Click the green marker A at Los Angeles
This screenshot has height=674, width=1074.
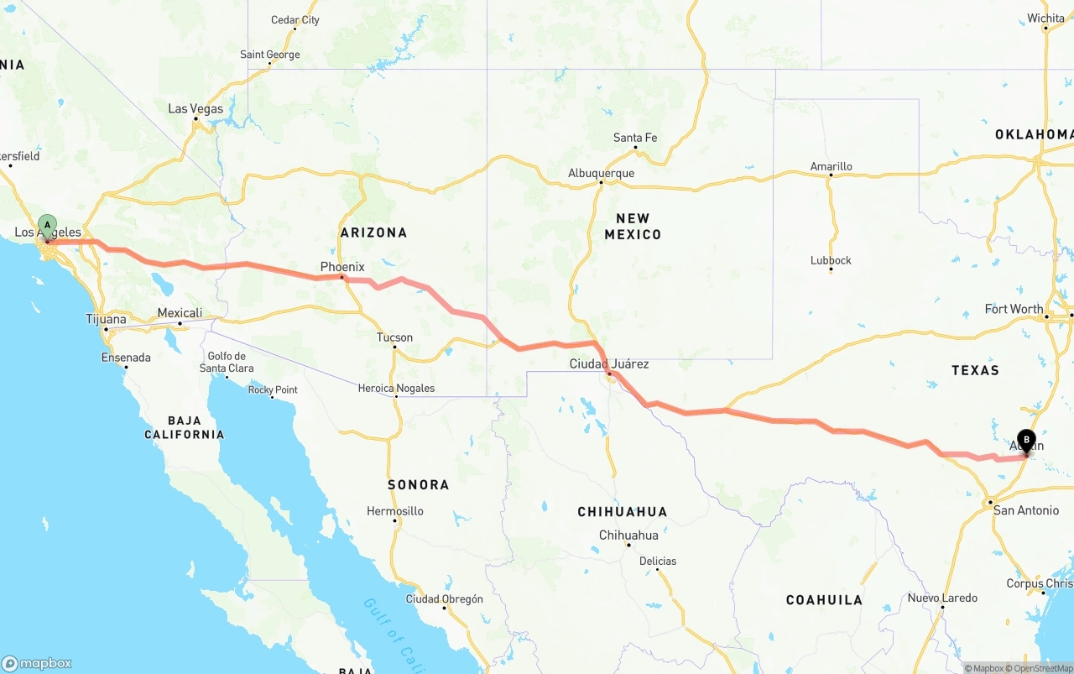(x=48, y=226)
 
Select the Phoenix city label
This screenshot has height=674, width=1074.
(x=342, y=267)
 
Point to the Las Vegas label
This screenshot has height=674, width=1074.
(x=196, y=108)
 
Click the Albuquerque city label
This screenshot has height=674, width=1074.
(x=601, y=173)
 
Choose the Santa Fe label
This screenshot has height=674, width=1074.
(x=635, y=138)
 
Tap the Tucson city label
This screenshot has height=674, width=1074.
(x=394, y=337)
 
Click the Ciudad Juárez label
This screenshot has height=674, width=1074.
(x=609, y=363)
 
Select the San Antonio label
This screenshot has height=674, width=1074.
(x=1025, y=509)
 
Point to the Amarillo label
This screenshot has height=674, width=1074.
(x=831, y=166)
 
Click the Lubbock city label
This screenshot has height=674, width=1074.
(x=831, y=260)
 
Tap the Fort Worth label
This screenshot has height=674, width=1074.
(x=1014, y=309)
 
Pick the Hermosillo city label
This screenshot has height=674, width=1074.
(x=395, y=511)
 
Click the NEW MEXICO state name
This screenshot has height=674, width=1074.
(x=633, y=226)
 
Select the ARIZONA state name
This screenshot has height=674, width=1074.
(x=373, y=233)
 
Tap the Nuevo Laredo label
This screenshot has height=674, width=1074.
(x=942, y=598)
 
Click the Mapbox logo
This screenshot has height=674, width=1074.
(x=37, y=663)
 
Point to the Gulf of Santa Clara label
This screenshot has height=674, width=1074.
(x=227, y=362)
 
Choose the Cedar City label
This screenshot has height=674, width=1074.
(x=295, y=20)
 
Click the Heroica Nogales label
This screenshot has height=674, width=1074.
(x=396, y=388)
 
